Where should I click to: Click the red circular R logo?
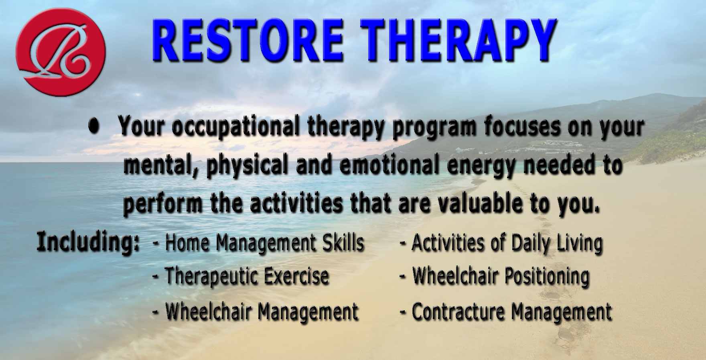(61, 53)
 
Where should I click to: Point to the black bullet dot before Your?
(94, 126)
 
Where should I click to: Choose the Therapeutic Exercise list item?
(241, 277)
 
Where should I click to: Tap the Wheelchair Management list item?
(256, 311)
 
